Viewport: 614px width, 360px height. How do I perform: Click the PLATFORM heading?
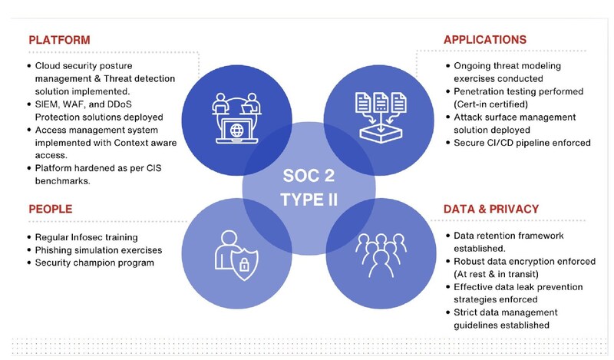(x=59, y=39)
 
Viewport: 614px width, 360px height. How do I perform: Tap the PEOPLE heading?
(x=51, y=208)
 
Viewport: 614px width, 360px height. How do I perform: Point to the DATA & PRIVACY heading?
(x=491, y=209)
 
